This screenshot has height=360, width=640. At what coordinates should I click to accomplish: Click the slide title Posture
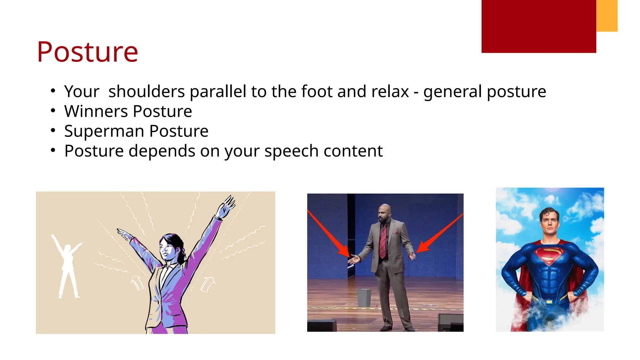tap(87, 52)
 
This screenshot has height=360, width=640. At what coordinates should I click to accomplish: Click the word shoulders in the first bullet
tap(147, 92)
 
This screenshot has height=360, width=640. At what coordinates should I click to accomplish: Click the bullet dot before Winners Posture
tap(53, 111)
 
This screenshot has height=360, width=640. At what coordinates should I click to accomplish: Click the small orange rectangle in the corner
tap(607, 16)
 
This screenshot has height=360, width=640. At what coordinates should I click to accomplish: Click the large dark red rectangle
tap(538, 26)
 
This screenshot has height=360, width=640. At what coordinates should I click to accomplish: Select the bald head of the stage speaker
tap(385, 211)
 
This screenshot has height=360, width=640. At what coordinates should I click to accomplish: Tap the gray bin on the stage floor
tap(364, 297)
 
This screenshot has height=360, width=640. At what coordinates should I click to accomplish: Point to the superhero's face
tap(550, 223)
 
